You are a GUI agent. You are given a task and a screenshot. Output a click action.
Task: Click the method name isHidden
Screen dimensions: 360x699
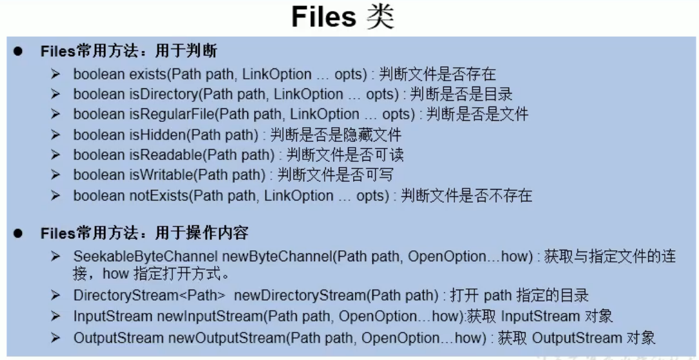pyautogui.click(x=151, y=135)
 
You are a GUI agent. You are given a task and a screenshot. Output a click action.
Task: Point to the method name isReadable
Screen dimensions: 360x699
pyautogui.click(x=159, y=155)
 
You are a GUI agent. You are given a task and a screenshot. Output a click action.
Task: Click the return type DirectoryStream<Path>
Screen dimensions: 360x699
pyautogui.click(x=149, y=296)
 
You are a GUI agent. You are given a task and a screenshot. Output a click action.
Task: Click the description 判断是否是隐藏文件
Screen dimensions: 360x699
pyautogui.click(x=336, y=135)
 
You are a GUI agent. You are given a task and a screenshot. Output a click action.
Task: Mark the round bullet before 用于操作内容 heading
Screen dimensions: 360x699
pyautogui.click(x=18, y=233)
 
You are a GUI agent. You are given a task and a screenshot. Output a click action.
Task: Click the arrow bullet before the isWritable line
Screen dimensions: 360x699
pyautogui.click(x=56, y=175)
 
